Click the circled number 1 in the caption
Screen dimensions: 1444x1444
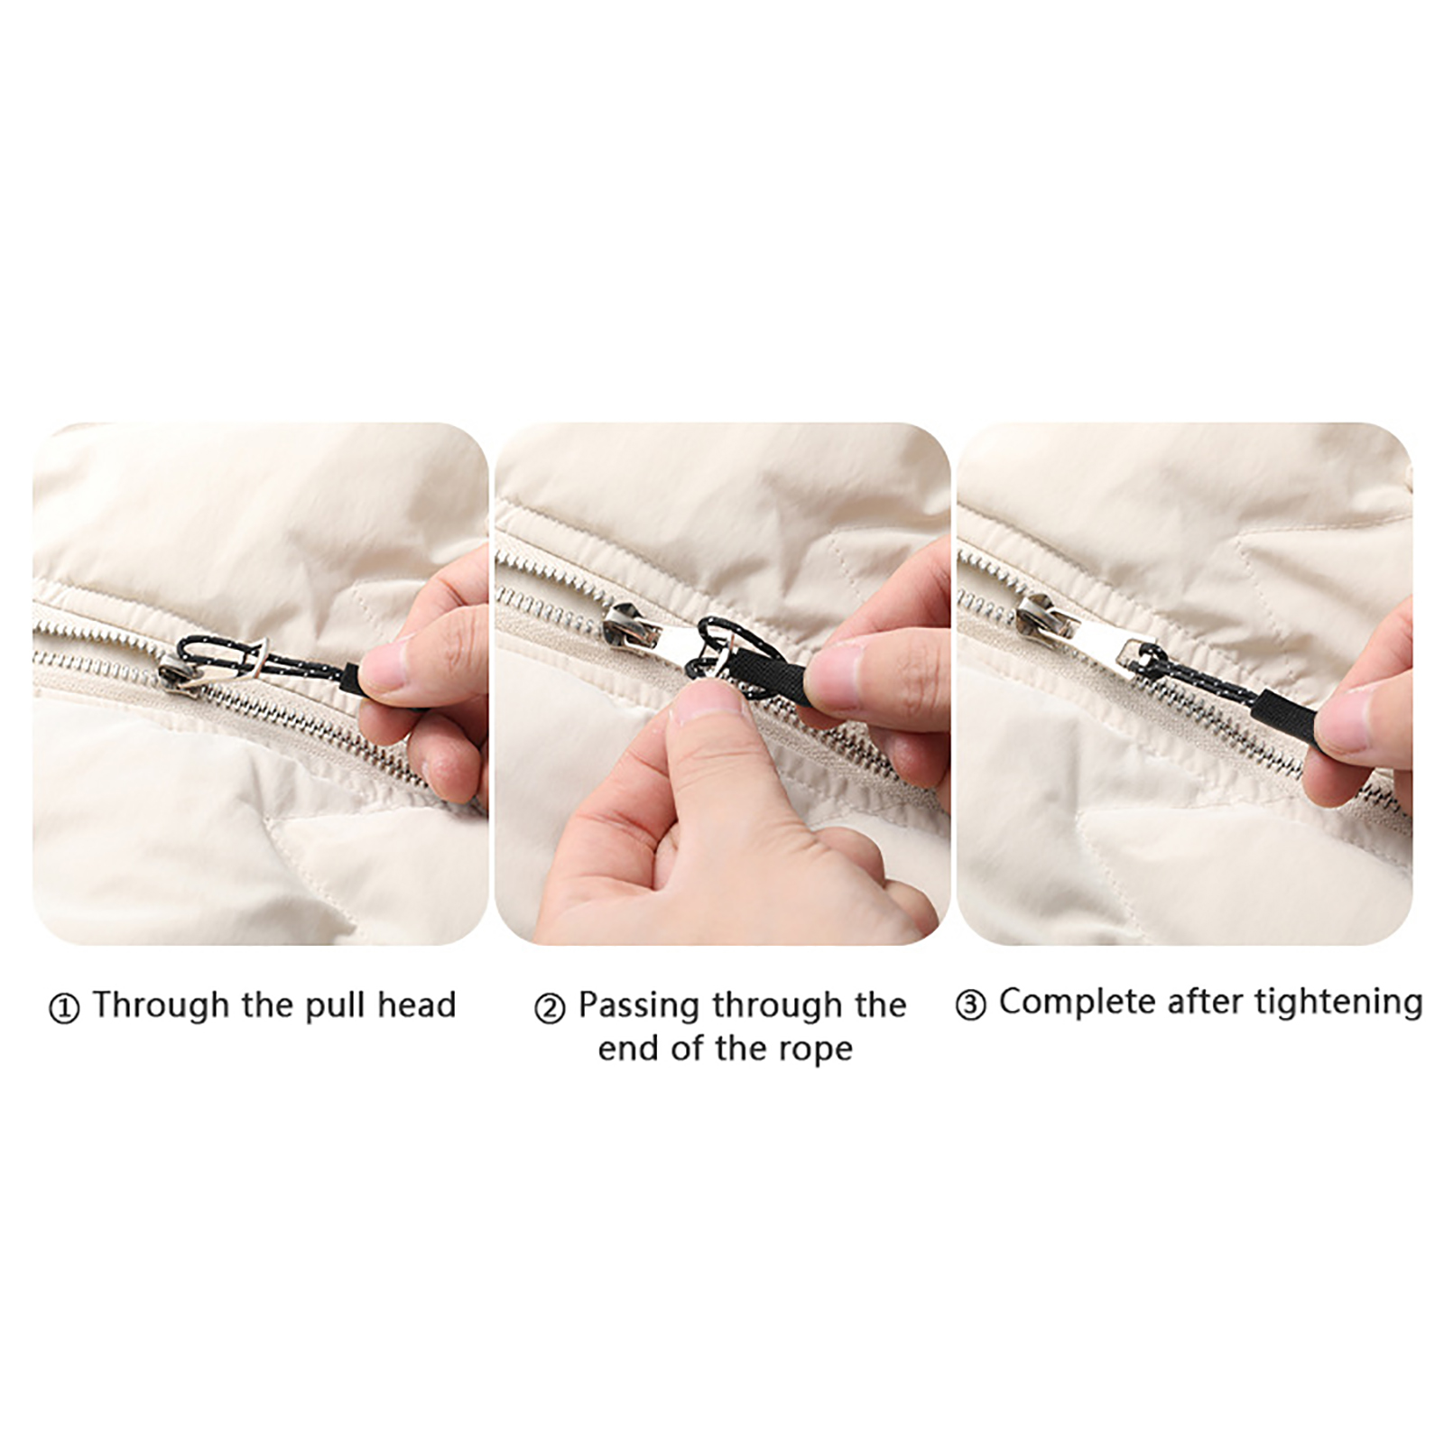coord(63,1008)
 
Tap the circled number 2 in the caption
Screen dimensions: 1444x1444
coord(550,1008)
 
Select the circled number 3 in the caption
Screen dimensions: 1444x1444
coord(970,1005)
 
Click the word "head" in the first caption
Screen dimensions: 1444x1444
coord(416,1004)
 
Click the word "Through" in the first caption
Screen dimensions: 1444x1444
coord(161,1004)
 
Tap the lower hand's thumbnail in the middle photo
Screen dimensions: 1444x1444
coord(709,703)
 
